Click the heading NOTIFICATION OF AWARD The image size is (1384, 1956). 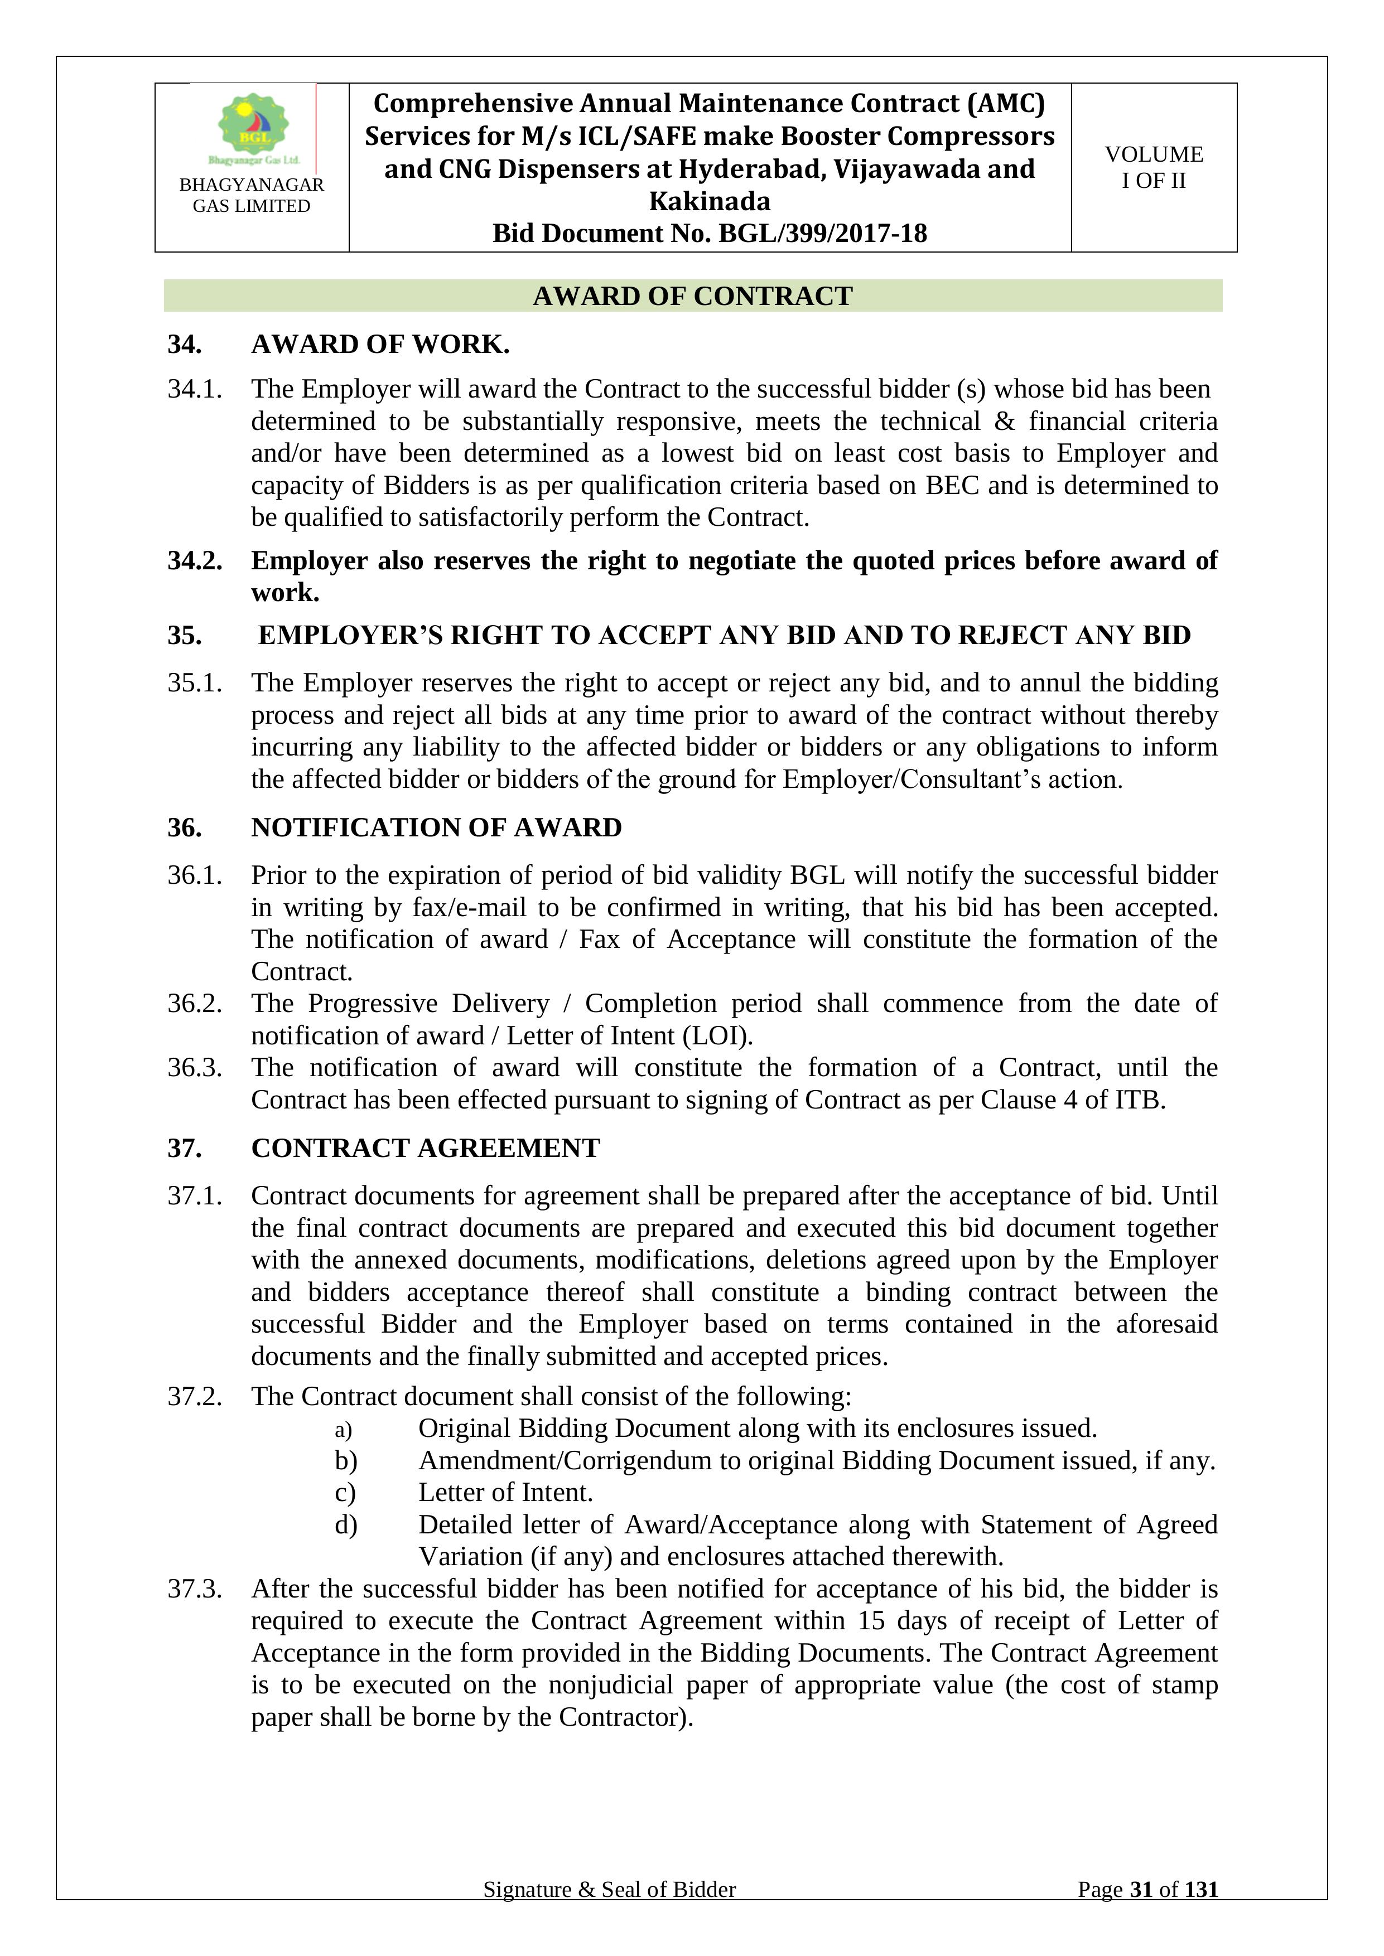pos(436,827)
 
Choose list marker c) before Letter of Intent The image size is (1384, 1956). pos(345,1493)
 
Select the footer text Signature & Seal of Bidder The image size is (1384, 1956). pos(609,1913)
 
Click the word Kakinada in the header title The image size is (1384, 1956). pos(709,201)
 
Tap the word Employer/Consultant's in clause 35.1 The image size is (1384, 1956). pos(909,780)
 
